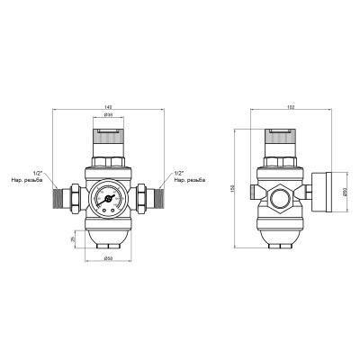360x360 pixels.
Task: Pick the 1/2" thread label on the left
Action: (37, 175)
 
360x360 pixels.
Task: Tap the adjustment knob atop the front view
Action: (106, 138)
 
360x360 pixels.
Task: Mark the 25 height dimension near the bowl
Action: (73, 239)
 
